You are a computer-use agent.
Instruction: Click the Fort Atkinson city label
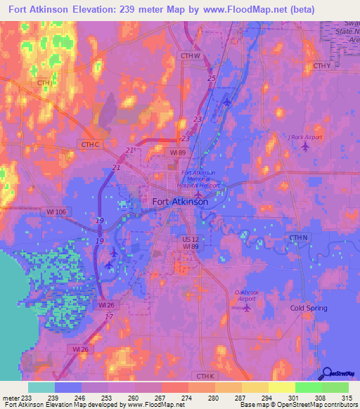(x=180, y=202)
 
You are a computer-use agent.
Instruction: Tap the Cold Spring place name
(x=309, y=309)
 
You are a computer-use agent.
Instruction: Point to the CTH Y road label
(x=321, y=66)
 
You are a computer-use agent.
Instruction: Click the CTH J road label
(x=46, y=83)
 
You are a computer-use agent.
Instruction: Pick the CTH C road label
(x=91, y=145)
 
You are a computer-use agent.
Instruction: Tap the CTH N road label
(x=299, y=238)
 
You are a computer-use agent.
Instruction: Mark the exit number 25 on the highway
(x=212, y=78)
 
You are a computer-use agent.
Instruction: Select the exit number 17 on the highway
(x=108, y=317)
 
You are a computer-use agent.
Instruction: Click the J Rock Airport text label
(x=305, y=137)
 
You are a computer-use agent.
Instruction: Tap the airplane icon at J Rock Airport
(x=304, y=146)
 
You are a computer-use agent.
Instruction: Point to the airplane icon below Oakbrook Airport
(x=246, y=307)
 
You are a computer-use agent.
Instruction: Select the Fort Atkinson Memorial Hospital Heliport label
(x=200, y=179)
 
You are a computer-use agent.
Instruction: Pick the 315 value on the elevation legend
(x=348, y=397)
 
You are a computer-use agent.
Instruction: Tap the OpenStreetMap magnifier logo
(x=326, y=374)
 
